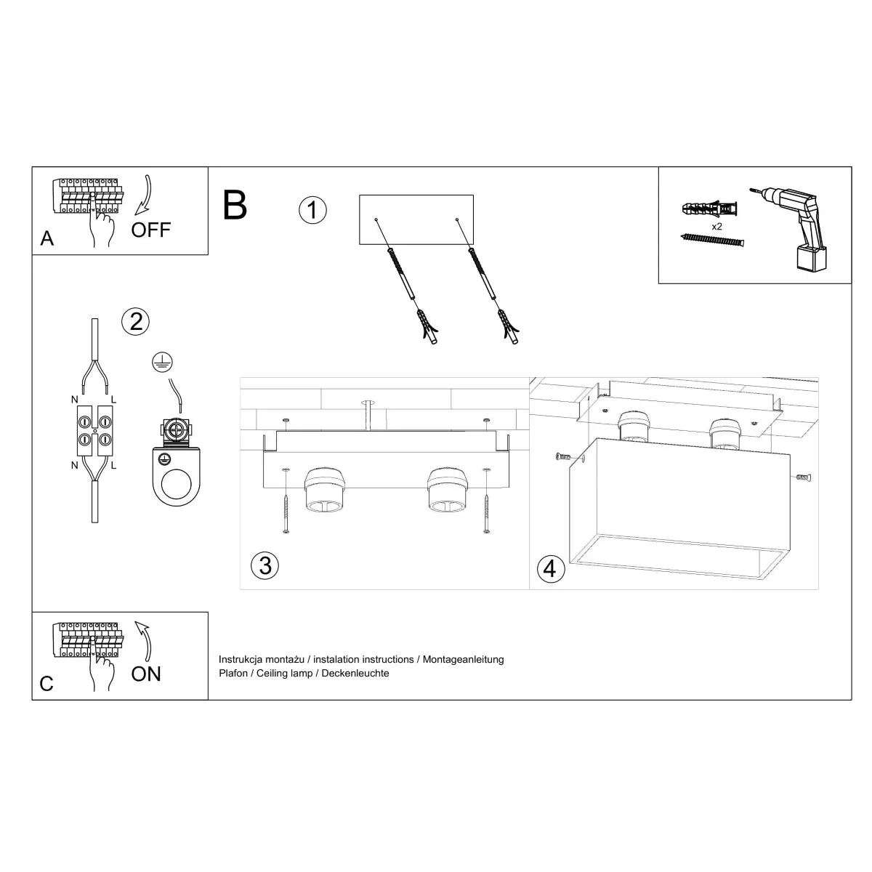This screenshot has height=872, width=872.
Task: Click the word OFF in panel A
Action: pos(150,230)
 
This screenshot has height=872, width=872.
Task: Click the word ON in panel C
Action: pos(146,674)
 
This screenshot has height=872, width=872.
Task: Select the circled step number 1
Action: pos(312,211)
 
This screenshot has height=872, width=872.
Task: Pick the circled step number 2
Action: pos(136,320)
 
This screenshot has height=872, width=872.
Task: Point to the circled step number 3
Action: pos(265,565)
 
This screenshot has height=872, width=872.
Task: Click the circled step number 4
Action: pos(549,568)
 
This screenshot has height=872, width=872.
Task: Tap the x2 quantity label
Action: pos(716,227)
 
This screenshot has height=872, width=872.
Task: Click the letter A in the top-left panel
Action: pos(47,238)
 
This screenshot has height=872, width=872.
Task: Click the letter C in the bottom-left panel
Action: pos(47,684)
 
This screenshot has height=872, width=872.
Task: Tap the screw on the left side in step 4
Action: pos(563,457)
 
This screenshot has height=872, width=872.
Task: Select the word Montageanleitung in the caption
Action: pos(463,660)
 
